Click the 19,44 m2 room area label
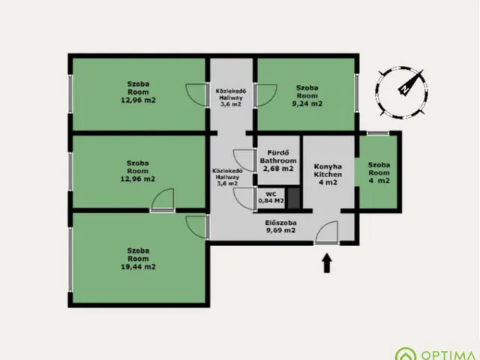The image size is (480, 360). point(138,267)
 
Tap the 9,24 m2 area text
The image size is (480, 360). point(307,103)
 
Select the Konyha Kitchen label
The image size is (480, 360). point(328,170)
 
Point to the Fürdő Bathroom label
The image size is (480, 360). point(278,157)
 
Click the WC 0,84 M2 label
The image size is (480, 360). point(271,197)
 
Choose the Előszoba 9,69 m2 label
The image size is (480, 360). point(280,226)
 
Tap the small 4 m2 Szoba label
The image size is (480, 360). point(379,172)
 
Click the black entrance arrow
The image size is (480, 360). point(327,262)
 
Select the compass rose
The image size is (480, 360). point(401,92)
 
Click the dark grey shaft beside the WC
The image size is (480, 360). point(293,198)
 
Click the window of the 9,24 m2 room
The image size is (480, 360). point(357,91)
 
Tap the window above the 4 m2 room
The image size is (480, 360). point(378,133)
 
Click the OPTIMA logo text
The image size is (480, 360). point(450,355)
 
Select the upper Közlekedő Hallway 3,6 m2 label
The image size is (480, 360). point(231,97)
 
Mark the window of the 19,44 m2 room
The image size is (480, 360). point(70,259)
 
